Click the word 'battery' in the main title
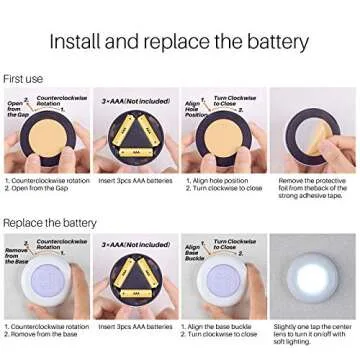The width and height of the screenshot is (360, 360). [269, 42]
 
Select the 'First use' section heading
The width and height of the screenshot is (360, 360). [23, 78]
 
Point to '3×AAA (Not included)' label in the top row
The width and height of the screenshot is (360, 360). [135, 101]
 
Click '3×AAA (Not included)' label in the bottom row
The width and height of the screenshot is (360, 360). [135, 245]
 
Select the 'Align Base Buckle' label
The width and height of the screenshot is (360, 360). [193, 254]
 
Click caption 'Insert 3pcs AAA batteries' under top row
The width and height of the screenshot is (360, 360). [135, 181]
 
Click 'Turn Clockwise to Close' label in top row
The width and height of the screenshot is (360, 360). [235, 101]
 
